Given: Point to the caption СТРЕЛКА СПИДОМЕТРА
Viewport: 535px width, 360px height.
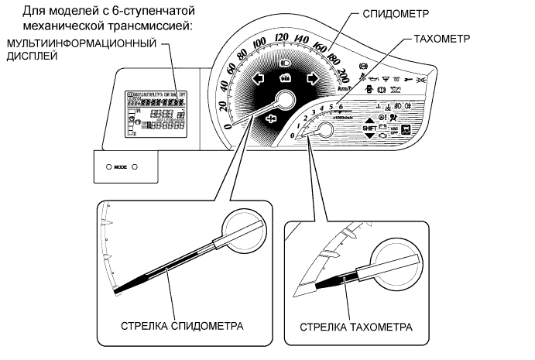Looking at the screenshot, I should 182,325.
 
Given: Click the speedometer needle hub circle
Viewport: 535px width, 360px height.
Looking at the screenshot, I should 283,100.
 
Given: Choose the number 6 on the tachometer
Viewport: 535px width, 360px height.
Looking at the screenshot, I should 341,106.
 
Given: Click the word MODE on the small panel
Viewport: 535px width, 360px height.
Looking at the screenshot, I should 119,166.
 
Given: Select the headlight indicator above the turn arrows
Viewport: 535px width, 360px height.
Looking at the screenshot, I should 285,62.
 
